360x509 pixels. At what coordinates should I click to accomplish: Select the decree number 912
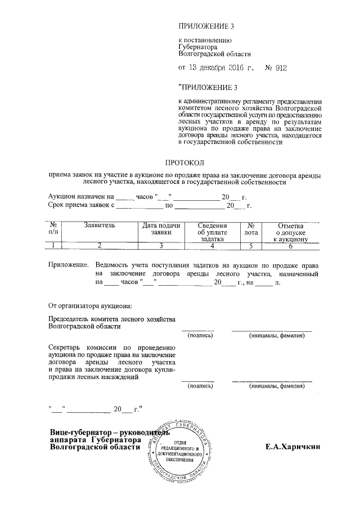(x=278, y=68)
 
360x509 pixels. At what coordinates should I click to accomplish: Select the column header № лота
(x=251, y=228)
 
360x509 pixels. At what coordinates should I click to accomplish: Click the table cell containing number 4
(x=212, y=245)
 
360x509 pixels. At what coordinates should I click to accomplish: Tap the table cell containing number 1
(x=53, y=245)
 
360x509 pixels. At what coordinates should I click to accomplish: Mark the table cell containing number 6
(x=290, y=245)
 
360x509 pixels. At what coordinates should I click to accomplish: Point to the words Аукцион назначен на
(x=81, y=197)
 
